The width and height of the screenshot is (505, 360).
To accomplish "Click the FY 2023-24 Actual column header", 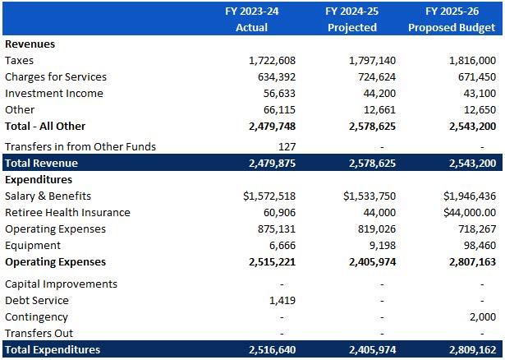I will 251,19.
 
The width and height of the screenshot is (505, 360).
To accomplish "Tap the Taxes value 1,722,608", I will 271,61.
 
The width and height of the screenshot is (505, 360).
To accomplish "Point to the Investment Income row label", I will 53,94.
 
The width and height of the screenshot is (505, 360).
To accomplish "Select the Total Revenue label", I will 41,164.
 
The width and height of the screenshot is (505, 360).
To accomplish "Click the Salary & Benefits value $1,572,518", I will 269,196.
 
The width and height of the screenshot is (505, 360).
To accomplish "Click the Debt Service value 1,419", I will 282,301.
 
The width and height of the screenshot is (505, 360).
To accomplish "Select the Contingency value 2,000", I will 482,317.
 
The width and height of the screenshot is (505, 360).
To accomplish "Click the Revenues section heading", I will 30,44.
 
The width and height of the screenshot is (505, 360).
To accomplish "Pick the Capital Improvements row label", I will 61,284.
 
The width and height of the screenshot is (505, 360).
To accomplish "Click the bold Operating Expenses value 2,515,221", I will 271,262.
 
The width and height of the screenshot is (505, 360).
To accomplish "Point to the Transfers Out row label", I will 39,334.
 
